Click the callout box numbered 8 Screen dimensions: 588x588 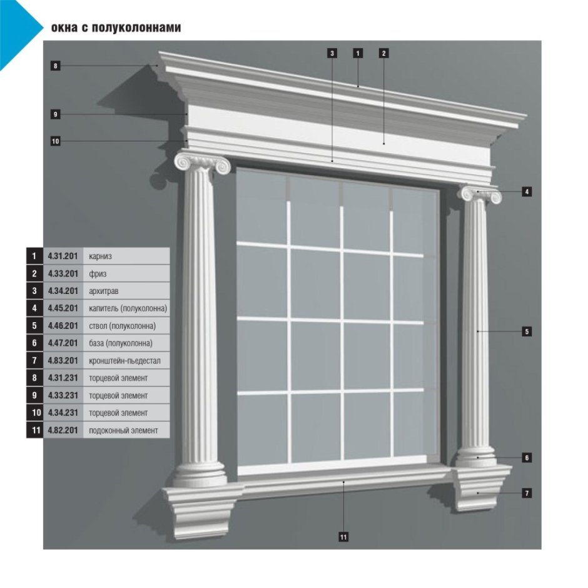coord(56,66)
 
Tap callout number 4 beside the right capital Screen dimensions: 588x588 coord(527,191)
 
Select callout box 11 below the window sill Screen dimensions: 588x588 coord(343,537)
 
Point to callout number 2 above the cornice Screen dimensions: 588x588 coord(383,53)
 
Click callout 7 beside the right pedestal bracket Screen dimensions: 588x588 coord(527,493)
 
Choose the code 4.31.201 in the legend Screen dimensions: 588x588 coord(63,256)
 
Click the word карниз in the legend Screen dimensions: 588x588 coord(100,257)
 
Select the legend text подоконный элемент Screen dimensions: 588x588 coord(123,430)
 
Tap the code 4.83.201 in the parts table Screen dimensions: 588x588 coord(63,360)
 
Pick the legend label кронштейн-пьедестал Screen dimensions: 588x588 coord(124,361)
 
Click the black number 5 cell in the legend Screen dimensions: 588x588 coord(34,325)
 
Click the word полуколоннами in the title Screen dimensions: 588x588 coord(136,28)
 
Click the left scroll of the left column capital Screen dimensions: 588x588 coord(183,163)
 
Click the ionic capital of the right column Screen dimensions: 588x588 coord(481,194)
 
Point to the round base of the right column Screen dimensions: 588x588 coord(476,457)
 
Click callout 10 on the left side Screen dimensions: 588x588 coord(56,141)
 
